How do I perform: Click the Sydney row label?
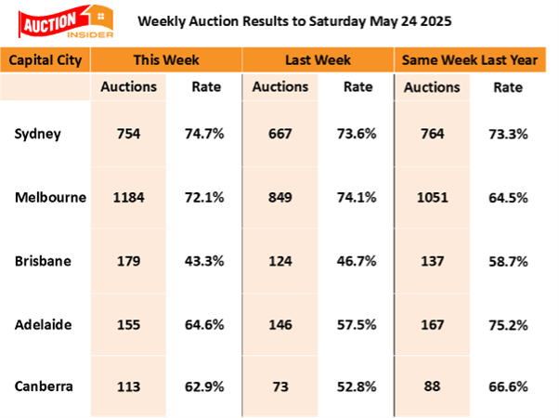[x=38, y=134]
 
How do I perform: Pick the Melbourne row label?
[x=50, y=197]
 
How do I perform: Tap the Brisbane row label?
[x=42, y=261]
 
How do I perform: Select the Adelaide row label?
[x=43, y=325]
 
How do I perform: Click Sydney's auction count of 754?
[x=130, y=134]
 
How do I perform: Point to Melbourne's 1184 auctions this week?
[x=130, y=197]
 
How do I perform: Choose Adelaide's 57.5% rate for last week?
[x=357, y=325]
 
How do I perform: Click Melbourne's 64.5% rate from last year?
[x=509, y=197]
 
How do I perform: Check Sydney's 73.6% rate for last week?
[x=357, y=134]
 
